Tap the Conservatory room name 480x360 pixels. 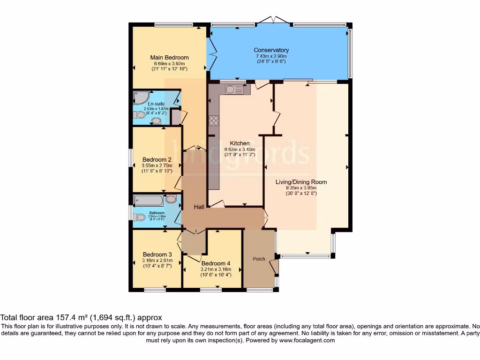pyautogui.click(x=271, y=50)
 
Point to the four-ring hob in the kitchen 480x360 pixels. pyautogui.click(x=214, y=120)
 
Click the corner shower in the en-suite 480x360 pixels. pyautogui.click(x=140, y=97)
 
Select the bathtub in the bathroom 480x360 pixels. pyautogui.click(x=149, y=201)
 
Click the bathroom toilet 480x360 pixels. pyautogui.click(x=139, y=217)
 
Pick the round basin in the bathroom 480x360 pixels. pyautogui.click(x=171, y=199)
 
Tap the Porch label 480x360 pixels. pyautogui.click(x=259, y=259)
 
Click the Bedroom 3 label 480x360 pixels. pyautogui.click(x=157, y=255)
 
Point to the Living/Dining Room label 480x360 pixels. pyautogui.click(x=301, y=182)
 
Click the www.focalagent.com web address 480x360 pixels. pyautogui.click(x=307, y=340)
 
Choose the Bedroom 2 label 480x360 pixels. pyautogui.click(x=157, y=159)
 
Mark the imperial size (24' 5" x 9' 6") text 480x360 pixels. pyautogui.click(x=271, y=61)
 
